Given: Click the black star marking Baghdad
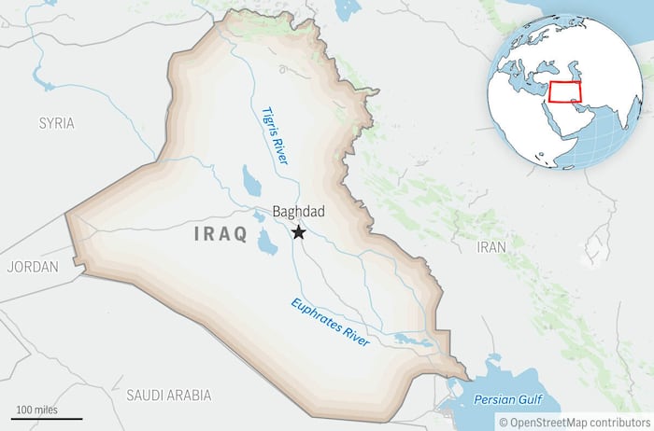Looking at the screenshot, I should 299,232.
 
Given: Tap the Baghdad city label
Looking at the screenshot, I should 299,212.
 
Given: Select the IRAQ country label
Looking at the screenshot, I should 220,234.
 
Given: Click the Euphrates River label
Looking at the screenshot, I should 331,323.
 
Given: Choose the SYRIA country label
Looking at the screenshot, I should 56,123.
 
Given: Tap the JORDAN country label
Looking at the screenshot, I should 32,267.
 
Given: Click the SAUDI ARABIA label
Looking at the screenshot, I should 168,395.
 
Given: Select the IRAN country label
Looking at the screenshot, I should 491,247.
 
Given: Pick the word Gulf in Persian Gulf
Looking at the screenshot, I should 526,399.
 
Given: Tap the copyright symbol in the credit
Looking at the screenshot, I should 502,422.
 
